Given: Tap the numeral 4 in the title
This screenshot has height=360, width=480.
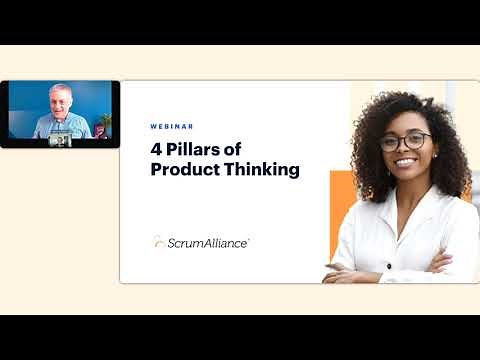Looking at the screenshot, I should click(x=157, y=150).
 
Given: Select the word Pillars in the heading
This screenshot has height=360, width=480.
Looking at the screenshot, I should click(x=196, y=150).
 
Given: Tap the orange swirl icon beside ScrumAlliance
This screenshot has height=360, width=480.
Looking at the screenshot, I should click(x=159, y=241).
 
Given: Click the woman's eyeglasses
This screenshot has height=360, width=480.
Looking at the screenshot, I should click(x=405, y=142).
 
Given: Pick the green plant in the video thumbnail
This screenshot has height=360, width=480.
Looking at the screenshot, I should click(x=103, y=123).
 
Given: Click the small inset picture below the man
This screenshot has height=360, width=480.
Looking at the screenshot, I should click(x=61, y=140).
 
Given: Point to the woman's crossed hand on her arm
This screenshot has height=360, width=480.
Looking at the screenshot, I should click(x=439, y=262).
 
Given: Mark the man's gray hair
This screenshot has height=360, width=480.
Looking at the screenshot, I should click(x=60, y=88).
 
